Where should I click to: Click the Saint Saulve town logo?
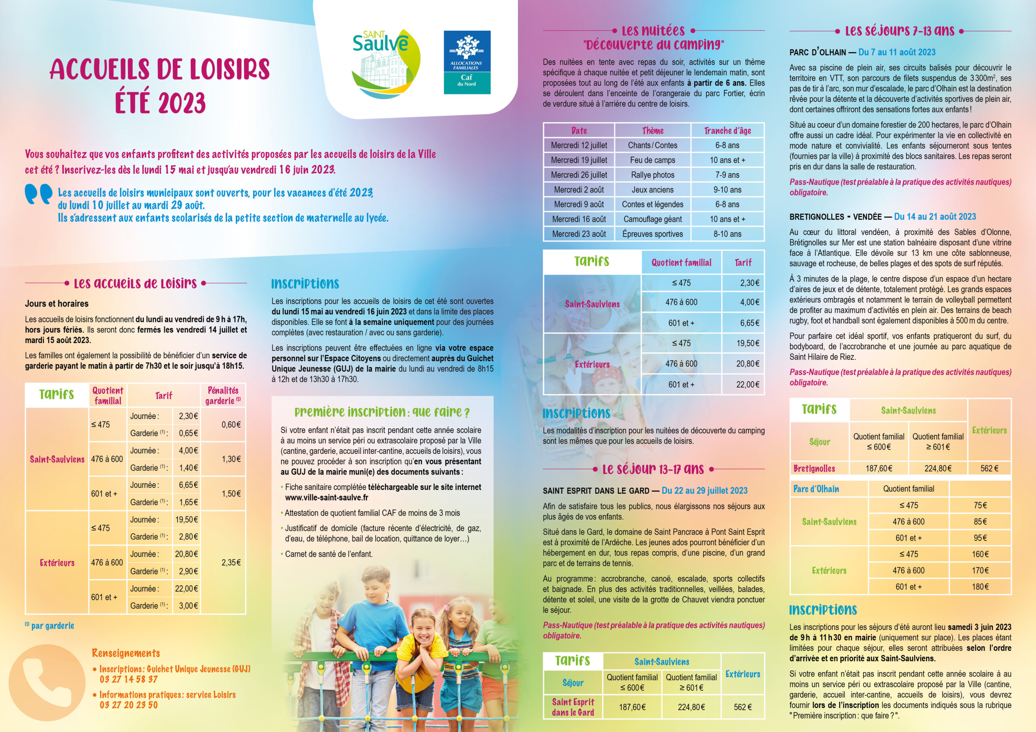point(386,63)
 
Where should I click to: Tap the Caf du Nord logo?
point(467,62)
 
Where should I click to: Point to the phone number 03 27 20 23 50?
point(129,704)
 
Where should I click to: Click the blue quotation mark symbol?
point(38,194)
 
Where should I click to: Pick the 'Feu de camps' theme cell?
point(652,160)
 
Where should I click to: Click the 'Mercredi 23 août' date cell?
point(579,234)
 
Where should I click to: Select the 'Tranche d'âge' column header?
point(727,131)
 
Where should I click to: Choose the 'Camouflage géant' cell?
point(652,219)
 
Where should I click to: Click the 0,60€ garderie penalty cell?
point(231,424)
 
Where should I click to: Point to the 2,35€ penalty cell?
point(231,563)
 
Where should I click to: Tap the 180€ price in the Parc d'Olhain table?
point(980,587)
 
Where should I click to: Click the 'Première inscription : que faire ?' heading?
point(382,412)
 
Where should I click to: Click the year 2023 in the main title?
point(160,103)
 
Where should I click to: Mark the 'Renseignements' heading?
point(125,653)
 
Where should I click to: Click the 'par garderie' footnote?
point(52,626)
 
